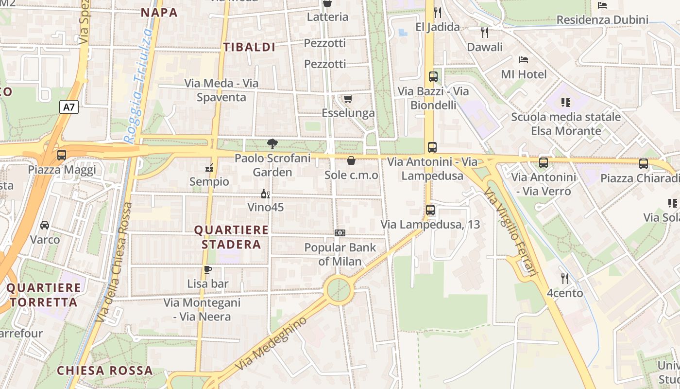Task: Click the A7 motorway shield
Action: tap(69, 107)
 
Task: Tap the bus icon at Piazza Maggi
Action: tap(62, 155)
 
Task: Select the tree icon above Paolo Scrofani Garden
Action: tap(272, 143)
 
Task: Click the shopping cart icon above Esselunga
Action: tap(348, 99)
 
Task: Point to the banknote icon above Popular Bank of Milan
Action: tap(340, 233)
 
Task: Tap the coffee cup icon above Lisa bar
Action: tap(208, 269)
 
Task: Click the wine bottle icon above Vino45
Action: tap(265, 194)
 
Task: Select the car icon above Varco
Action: tap(45, 225)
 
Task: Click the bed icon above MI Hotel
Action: tap(524, 60)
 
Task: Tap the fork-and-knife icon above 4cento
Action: tap(564, 279)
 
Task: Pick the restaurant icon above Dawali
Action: tap(484, 33)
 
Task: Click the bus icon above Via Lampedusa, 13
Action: tap(430, 210)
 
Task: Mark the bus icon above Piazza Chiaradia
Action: tap(644, 164)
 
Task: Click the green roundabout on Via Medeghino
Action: tap(339, 290)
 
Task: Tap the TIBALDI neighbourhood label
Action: tap(249, 47)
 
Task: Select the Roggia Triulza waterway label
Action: tap(138, 85)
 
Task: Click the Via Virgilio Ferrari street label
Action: tap(510, 232)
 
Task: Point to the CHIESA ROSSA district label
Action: tap(105, 371)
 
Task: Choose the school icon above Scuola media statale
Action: tap(565, 103)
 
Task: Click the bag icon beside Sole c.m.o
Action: tap(351, 160)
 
